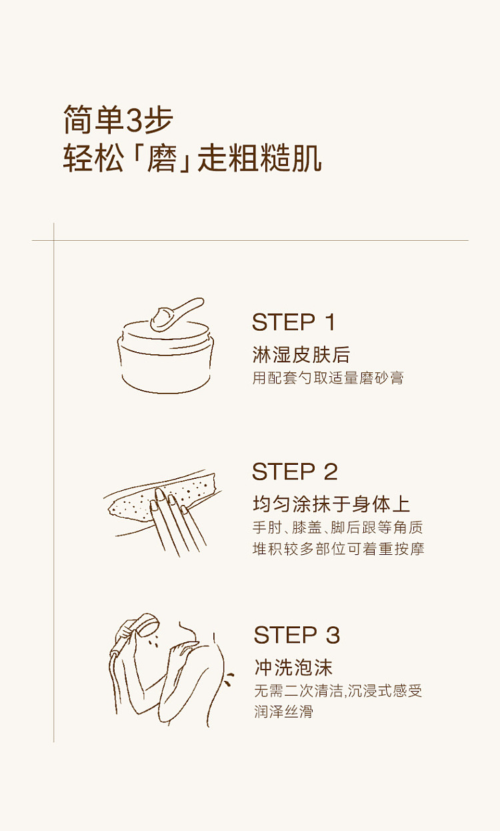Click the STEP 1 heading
click(294, 321)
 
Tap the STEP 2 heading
click(295, 472)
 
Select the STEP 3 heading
click(297, 635)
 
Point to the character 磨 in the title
click(161, 158)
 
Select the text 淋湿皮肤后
click(301, 355)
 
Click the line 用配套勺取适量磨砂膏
click(328, 378)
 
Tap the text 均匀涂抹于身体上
click(331, 504)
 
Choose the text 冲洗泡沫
click(293, 668)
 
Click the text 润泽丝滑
click(284, 712)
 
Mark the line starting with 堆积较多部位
click(338, 549)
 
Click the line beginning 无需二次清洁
click(338, 691)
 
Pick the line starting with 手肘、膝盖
click(338, 527)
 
